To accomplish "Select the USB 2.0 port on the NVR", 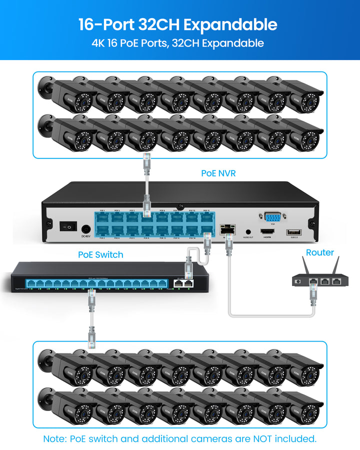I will (x=293, y=232).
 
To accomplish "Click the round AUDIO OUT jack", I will (x=248, y=232).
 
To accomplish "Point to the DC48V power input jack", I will (x=85, y=228).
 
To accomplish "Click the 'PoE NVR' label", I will (x=218, y=173).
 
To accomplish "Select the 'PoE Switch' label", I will (x=100, y=254).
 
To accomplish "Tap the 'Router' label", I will (x=320, y=252).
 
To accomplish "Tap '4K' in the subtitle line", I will (x=98, y=43).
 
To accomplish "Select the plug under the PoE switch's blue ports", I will (x=92, y=300).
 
